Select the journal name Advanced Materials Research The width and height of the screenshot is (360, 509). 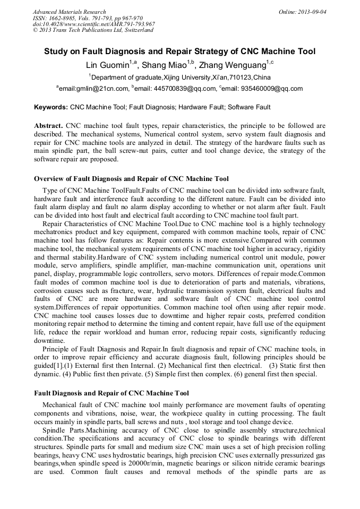pos(70,12)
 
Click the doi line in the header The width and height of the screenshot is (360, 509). pos(94,24)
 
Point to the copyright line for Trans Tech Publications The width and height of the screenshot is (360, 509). pos(93,30)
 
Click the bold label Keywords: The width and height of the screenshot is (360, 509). pos(51,107)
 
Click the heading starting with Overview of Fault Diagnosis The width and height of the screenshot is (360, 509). pos(131,178)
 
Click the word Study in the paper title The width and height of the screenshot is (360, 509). pos(55,51)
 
